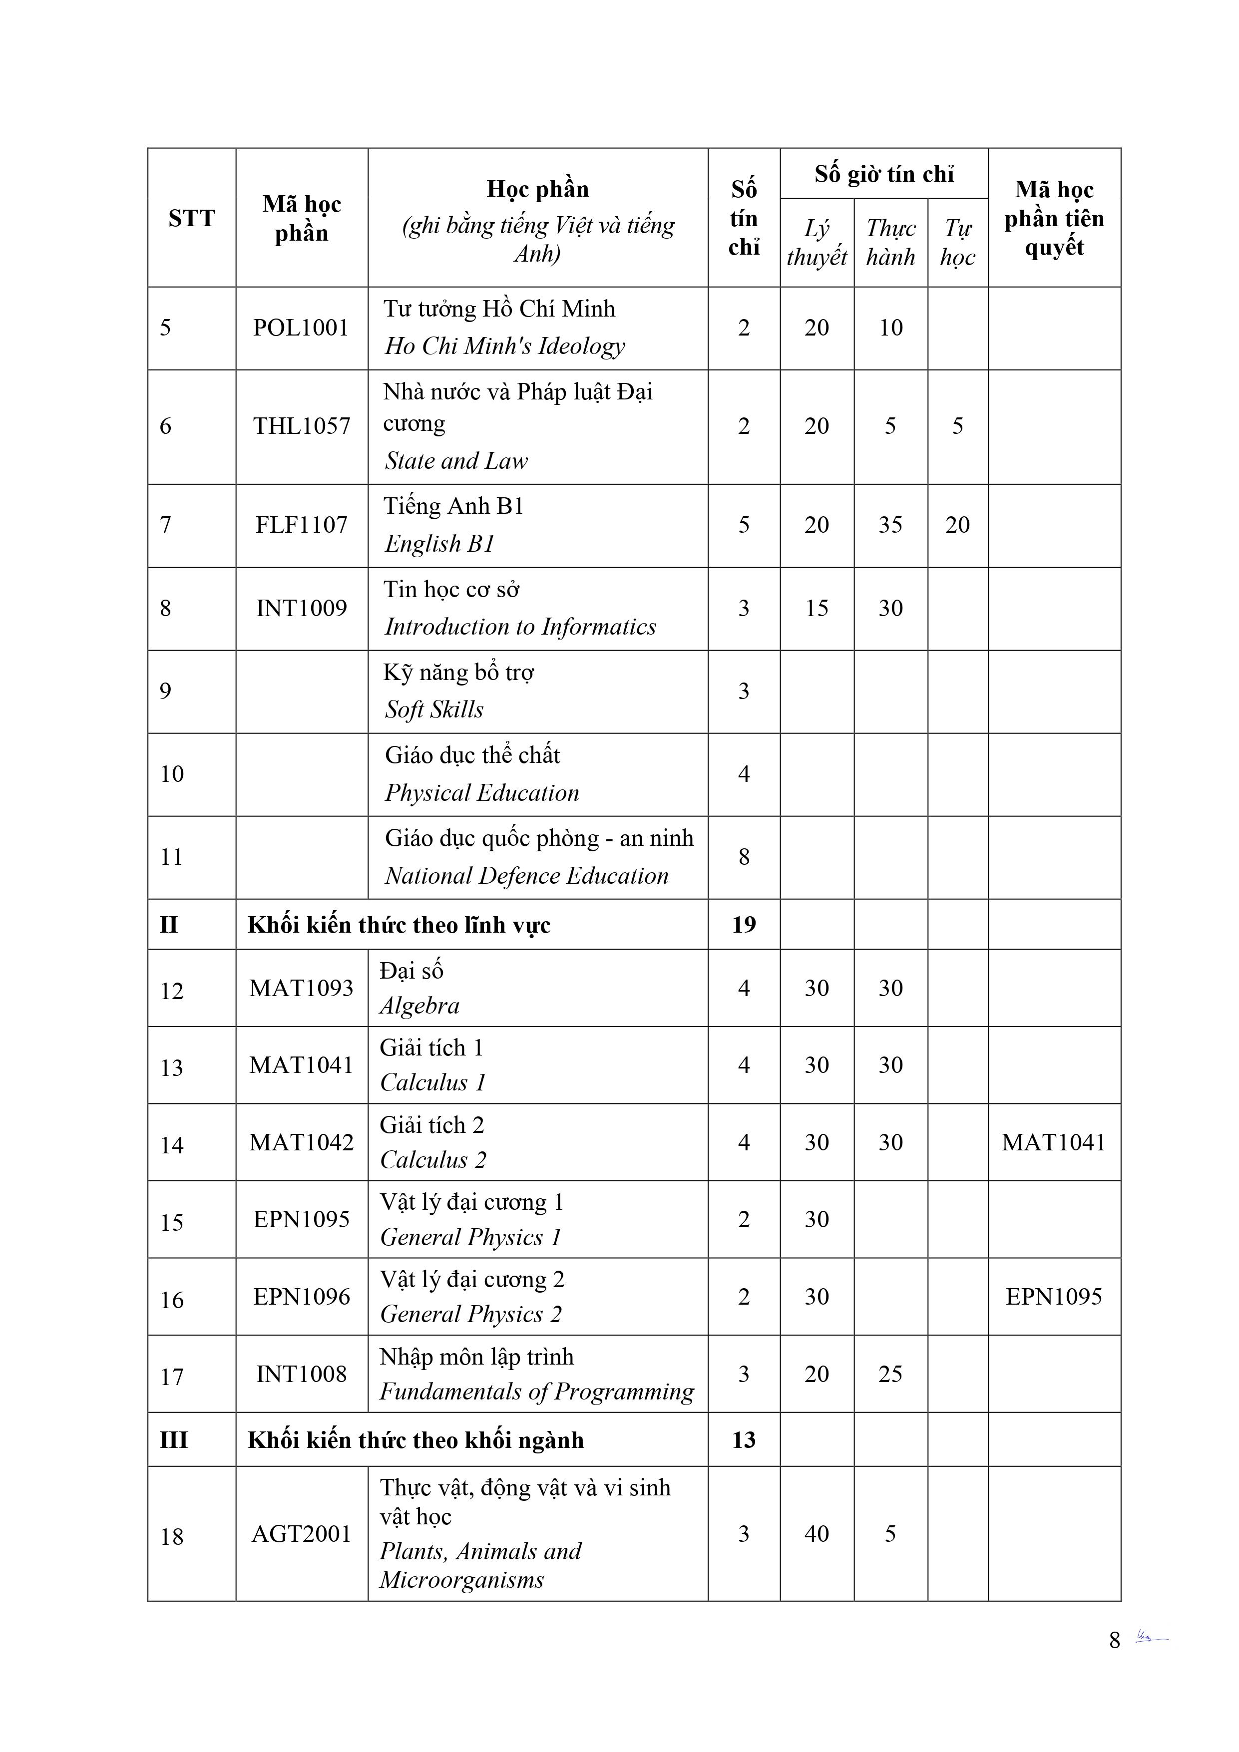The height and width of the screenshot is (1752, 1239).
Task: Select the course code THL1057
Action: [x=302, y=426]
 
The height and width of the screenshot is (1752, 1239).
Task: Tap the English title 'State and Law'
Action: [x=456, y=461]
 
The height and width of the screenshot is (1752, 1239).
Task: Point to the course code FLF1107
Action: [x=302, y=525]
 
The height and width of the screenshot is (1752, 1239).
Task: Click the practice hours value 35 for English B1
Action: [x=890, y=525]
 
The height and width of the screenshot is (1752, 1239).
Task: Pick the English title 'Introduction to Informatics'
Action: [x=520, y=627]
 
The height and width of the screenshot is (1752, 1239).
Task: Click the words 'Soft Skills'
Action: [x=433, y=709]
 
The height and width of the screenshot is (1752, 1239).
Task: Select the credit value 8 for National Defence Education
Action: [x=744, y=857]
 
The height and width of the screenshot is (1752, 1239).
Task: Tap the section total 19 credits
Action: [x=744, y=925]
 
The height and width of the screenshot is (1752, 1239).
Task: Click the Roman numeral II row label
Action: [x=169, y=925]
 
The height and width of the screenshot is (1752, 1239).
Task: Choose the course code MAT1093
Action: [x=302, y=988]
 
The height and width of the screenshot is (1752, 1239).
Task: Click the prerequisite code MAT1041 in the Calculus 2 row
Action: [x=1054, y=1142]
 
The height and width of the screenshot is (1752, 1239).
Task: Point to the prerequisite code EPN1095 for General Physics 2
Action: [x=1054, y=1297]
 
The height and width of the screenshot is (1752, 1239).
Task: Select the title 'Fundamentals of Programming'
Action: [x=537, y=1392]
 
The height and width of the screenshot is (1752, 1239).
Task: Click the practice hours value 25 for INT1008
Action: [x=890, y=1374]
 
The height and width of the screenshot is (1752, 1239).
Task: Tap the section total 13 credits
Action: [x=744, y=1440]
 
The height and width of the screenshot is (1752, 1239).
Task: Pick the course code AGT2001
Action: [x=302, y=1534]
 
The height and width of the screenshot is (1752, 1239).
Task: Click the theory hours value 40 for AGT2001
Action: [x=816, y=1534]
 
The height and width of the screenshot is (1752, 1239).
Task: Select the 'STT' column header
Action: [x=192, y=218]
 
